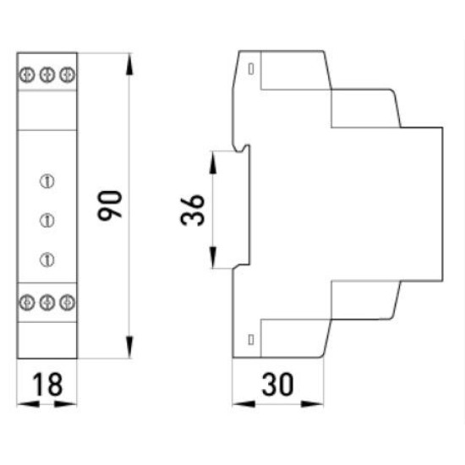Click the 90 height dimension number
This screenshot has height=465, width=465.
tap(110, 205)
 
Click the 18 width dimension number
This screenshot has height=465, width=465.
tap(47, 384)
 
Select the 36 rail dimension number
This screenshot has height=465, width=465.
tap(193, 210)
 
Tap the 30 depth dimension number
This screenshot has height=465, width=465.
tap(277, 385)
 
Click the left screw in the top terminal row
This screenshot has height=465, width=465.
tap(27, 74)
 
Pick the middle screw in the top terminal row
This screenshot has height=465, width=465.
tap(47, 74)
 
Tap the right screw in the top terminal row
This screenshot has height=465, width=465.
tap(68, 74)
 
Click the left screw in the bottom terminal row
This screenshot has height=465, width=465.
tap(27, 303)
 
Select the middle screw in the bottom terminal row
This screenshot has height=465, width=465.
tap(47, 303)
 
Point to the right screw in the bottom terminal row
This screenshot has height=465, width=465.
tap(68, 303)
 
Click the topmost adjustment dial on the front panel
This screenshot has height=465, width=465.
tap(47, 181)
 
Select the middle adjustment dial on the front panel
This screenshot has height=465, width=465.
tap(47, 221)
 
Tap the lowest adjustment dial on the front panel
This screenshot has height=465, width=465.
tap(47, 260)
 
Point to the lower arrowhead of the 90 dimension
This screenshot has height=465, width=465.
tap(129, 347)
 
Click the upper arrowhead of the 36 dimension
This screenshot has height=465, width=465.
tap(213, 162)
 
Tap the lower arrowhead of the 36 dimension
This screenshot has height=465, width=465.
tap(213, 257)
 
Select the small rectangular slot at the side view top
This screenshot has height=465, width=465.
tap(251, 69)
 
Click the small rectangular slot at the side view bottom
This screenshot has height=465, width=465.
tap(251, 340)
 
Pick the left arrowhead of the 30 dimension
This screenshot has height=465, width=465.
tap(243, 403)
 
